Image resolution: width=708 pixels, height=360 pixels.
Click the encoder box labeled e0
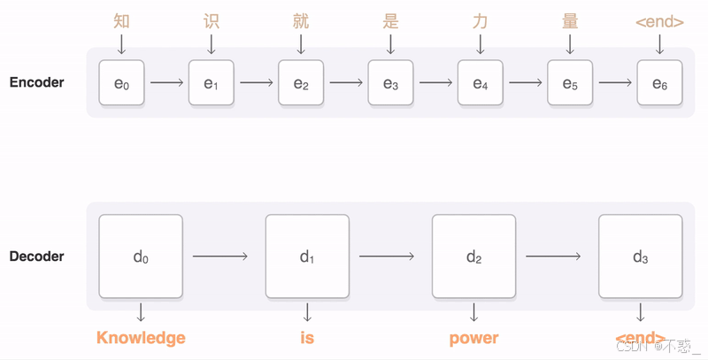point(121,83)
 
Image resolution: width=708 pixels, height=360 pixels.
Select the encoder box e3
point(390,83)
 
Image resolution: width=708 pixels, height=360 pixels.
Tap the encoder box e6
point(659,83)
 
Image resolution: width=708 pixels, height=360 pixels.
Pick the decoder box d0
point(141,257)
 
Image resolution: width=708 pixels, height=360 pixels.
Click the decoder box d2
point(473,257)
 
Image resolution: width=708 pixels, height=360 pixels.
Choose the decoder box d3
point(640,257)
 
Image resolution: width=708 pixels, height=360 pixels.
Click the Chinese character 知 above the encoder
point(121,20)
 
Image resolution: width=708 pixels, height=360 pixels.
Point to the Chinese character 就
point(301,20)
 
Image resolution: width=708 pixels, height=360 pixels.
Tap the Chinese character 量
point(570,20)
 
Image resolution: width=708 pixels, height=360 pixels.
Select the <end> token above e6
point(659,21)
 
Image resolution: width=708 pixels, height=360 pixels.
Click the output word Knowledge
point(141,338)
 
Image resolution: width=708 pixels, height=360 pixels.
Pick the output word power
point(473,338)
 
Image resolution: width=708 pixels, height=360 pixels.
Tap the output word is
point(307,338)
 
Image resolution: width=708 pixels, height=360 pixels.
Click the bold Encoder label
point(36,83)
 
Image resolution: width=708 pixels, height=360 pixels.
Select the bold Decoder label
point(36,257)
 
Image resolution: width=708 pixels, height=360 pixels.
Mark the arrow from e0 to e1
point(166,83)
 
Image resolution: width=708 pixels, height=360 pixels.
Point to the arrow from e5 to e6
point(614,83)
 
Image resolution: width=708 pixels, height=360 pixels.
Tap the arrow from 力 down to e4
point(481,43)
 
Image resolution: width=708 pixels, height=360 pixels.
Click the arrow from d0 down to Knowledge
point(141,312)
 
